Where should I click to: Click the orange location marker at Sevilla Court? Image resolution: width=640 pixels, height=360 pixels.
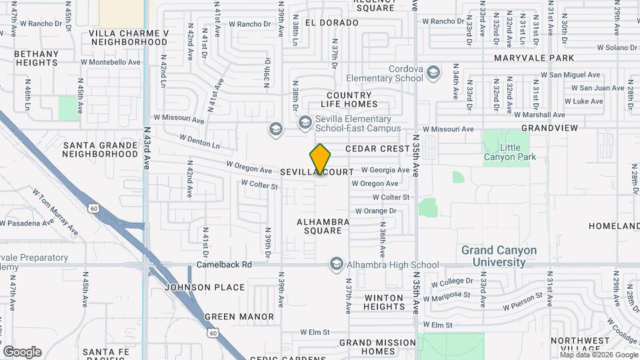pyautogui.click(x=321, y=159)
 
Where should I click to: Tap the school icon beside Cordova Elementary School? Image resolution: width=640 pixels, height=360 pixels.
pyautogui.click(x=433, y=73)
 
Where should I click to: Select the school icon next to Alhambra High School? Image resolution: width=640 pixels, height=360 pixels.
pyautogui.click(x=337, y=265)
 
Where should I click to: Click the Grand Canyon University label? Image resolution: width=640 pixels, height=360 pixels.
pyautogui.click(x=499, y=257)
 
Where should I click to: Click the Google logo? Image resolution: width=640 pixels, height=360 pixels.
pyautogui.click(x=22, y=352)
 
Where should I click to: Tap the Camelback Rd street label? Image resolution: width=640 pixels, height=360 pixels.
pyautogui.click(x=224, y=265)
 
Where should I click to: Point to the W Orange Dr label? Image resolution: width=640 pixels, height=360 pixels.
pyautogui.click(x=375, y=211)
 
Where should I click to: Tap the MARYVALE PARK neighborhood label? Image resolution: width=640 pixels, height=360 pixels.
pyautogui.click(x=534, y=58)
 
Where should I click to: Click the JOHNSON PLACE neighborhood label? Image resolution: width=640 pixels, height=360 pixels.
pyautogui.click(x=195, y=287)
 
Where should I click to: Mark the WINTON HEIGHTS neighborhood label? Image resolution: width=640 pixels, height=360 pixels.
pyautogui.click(x=384, y=302)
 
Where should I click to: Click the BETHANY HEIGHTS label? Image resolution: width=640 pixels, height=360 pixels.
pyautogui.click(x=36, y=58)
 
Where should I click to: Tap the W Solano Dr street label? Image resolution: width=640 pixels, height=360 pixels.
pyautogui.click(x=618, y=47)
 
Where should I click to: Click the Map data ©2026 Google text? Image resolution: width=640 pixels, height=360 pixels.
pyautogui.click(x=599, y=355)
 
